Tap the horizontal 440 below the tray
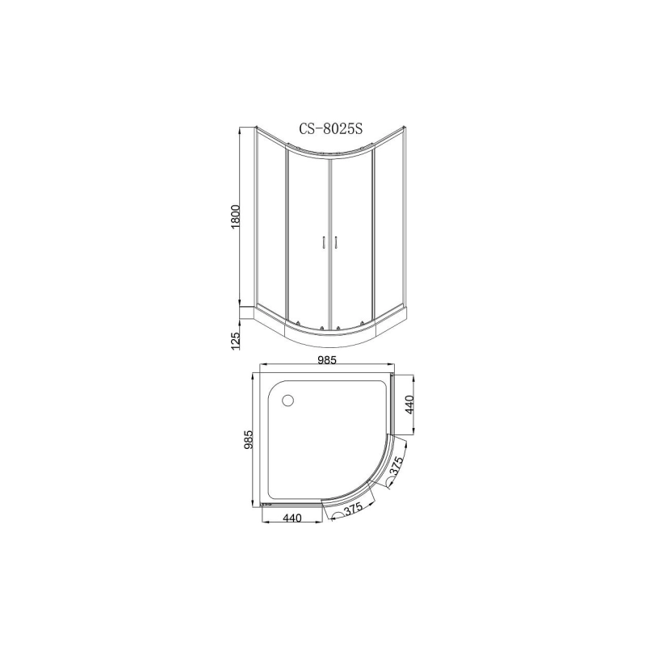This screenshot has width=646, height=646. pyautogui.click(x=292, y=519)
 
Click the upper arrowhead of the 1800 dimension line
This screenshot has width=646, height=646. pyautogui.click(x=241, y=129)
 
